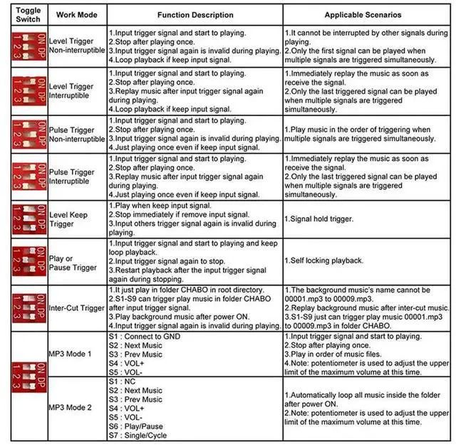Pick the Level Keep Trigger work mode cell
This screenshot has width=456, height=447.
(69, 219)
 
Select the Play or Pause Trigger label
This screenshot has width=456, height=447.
(73, 263)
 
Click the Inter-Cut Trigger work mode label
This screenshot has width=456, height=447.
(76, 307)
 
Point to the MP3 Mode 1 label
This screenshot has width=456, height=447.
(71, 352)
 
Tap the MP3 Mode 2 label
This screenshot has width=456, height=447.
(71, 407)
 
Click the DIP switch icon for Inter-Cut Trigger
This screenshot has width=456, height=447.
(24, 307)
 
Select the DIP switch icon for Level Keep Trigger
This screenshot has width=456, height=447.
(24, 219)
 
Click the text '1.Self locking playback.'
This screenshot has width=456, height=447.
(323, 261)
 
